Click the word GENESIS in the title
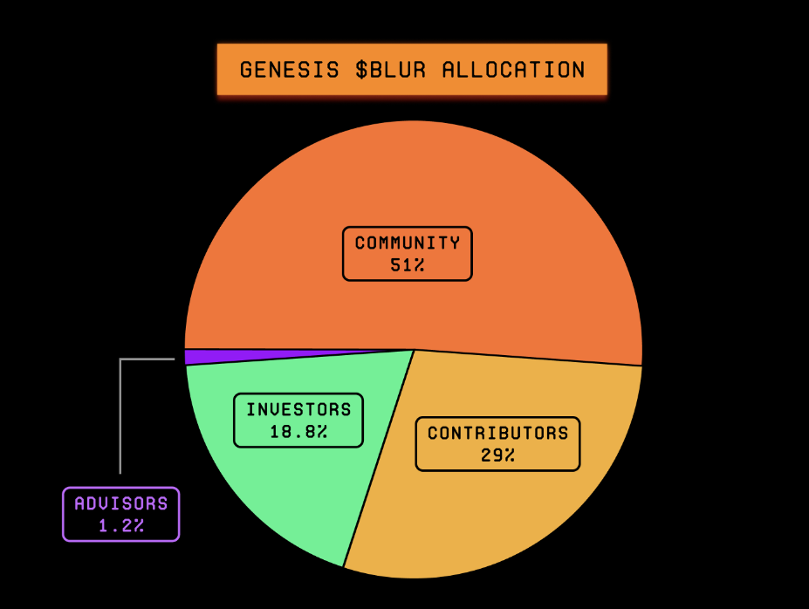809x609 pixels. [x=289, y=70]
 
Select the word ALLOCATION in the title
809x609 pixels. [x=513, y=70]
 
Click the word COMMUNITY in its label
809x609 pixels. [x=408, y=243]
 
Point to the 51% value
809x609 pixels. [x=408, y=265]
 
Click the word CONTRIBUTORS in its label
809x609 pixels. [x=497, y=433]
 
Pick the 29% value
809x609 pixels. [x=497, y=455]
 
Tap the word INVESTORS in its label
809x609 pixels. [x=298, y=409]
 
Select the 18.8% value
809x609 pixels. [x=298, y=431]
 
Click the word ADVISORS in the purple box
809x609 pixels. [x=120, y=503]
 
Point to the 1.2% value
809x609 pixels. [x=120, y=525]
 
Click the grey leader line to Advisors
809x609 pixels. [x=120, y=410]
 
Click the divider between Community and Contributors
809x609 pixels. [x=528, y=358]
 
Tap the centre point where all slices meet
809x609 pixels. [x=414, y=349]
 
